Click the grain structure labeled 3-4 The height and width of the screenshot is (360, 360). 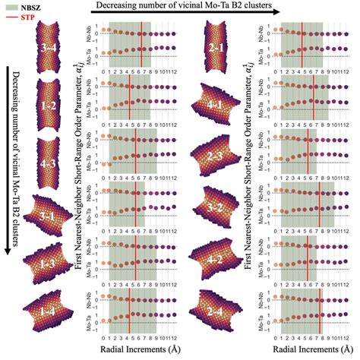tap(49, 49)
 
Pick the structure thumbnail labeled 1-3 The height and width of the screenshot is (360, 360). tap(49, 263)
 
